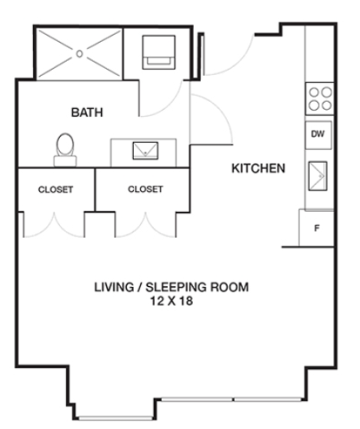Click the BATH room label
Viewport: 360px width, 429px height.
87,113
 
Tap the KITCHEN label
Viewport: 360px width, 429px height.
258,168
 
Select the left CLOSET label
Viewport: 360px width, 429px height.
55,189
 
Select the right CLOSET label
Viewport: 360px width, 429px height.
146,189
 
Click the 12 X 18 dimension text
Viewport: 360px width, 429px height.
172,301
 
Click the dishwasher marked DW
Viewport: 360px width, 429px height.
318,135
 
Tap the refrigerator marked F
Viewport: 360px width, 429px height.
316,229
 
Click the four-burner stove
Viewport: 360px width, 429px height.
320,98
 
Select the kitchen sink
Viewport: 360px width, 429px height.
318,176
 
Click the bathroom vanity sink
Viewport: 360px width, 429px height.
146,151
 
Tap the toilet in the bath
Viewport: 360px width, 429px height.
65,149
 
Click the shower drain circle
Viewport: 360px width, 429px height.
80,54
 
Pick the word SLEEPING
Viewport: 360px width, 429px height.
176,287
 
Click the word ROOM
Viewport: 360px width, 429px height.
230,287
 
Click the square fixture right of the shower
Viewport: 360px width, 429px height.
159,52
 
